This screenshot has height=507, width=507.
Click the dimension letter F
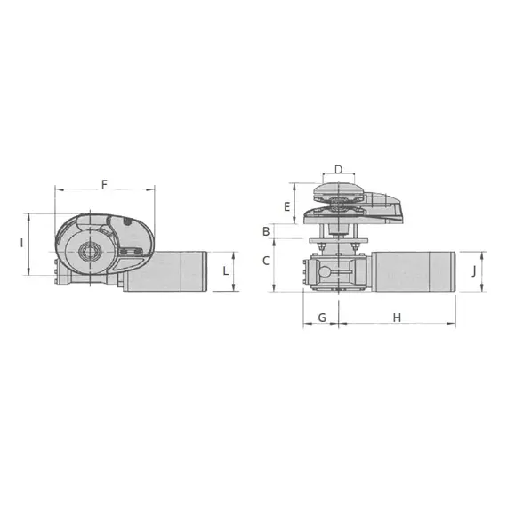click(x=104, y=184)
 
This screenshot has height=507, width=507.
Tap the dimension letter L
click(x=226, y=269)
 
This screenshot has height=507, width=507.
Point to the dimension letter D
click(x=338, y=169)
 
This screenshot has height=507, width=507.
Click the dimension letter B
click(x=265, y=231)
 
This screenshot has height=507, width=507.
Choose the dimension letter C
click(x=265, y=262)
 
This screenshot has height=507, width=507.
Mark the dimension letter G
click(x=321, y=318)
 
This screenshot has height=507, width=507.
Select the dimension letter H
click(x=397, y=318)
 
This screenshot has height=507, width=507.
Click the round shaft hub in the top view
click(x=87, y=253)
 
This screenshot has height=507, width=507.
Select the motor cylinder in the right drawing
click(x=414, y=270)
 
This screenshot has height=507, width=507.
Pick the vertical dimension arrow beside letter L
click(x=236, y=271)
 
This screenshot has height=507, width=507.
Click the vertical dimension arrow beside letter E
click(x=294, y=204)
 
